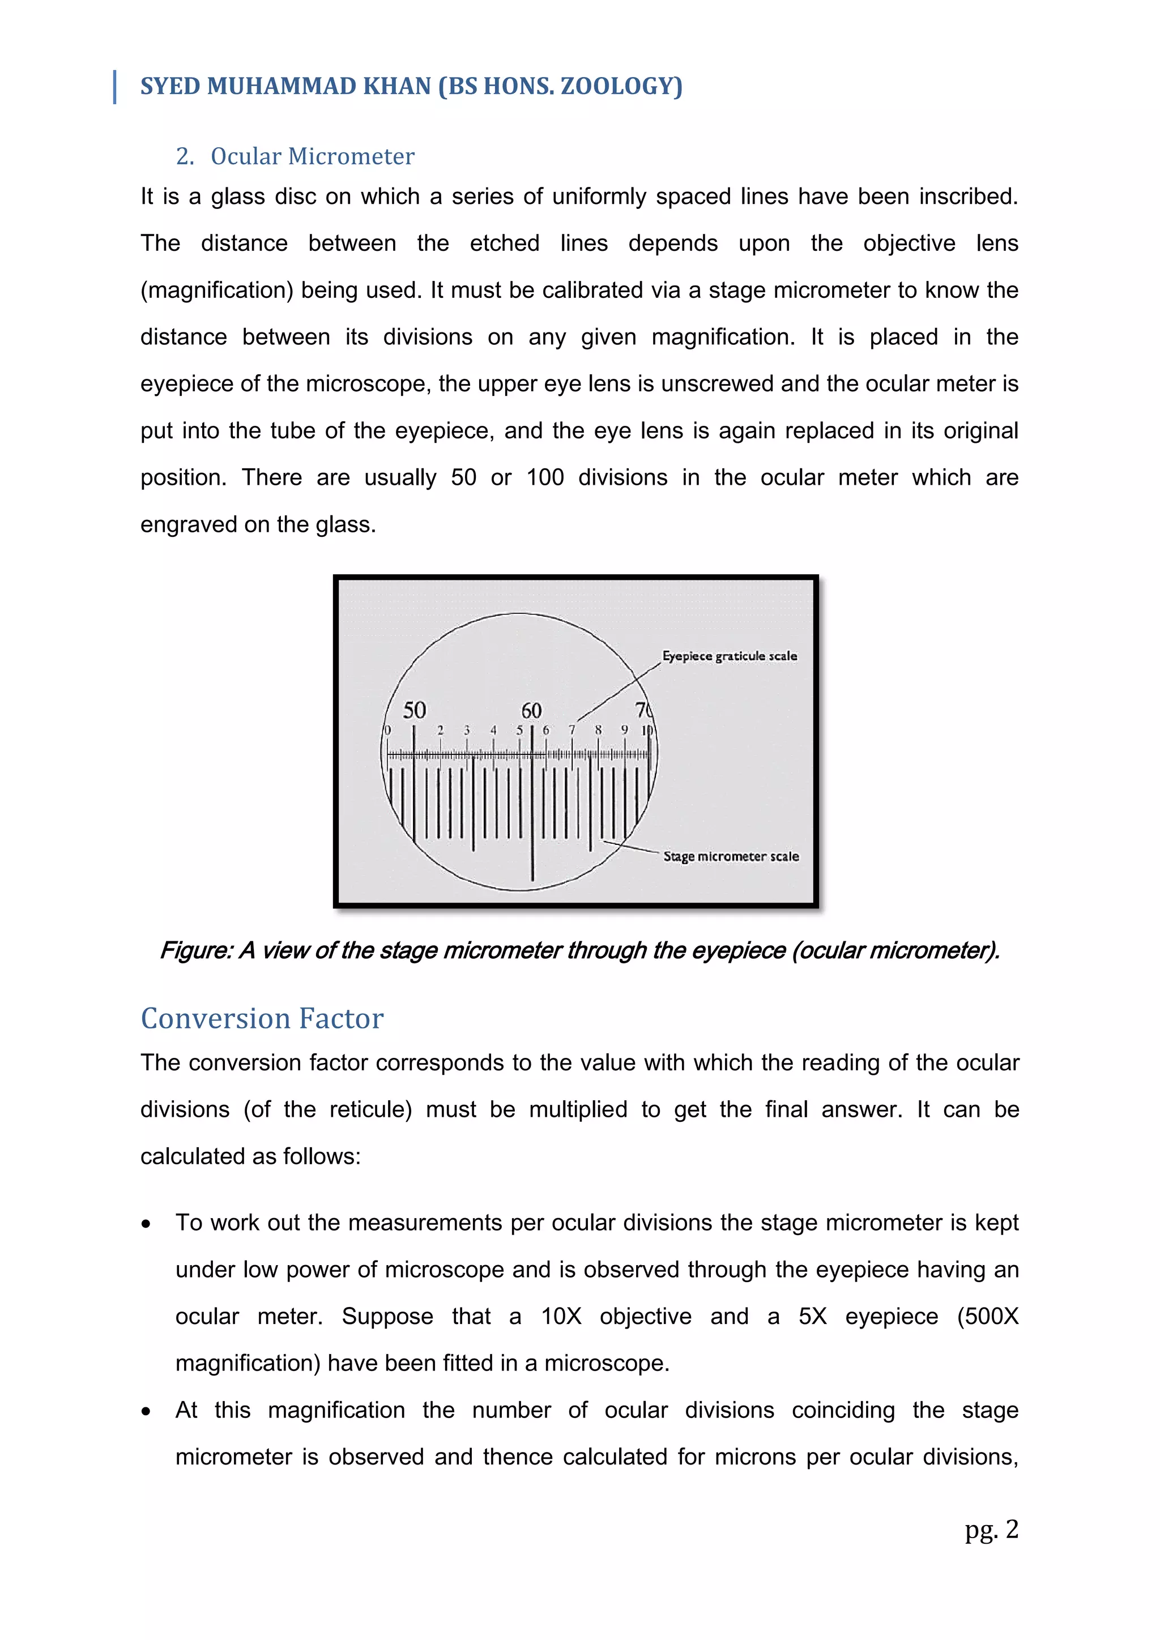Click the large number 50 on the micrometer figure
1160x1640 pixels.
click(x=414, y=710)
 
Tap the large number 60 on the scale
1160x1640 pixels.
click(x=531, y=711)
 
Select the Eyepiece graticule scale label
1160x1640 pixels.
click(x=730, y=656)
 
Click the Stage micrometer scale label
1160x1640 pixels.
click(x=731, y=856)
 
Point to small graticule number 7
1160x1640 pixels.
click(x=572, y=730)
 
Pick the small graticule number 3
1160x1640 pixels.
click(x=466, y=730)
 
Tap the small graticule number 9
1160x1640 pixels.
click(x=624, y=730)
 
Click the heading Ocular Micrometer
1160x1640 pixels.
click(x=312, y=156)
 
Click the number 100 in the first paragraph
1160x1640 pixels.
click(x=545, y=477)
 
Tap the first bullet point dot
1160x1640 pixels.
click(x=147, y=1224)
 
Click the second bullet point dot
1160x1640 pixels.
click(x=147, y=1411)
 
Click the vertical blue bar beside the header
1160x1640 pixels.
click(x=115, y=87)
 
